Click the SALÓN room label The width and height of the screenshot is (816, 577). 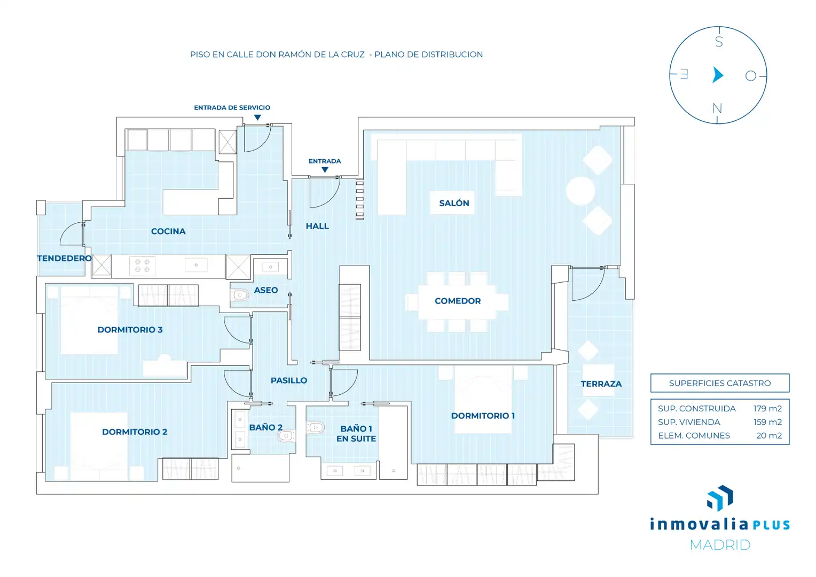coord(454,203)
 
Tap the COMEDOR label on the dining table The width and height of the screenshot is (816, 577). coord(458,301)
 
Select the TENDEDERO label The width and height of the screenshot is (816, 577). coord(64,259)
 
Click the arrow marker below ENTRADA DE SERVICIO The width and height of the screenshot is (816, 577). coord(257,118)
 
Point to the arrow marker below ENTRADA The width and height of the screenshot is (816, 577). coord(325,169)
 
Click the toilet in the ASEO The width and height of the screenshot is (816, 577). coord(239,294)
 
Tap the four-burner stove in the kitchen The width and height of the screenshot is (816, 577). coord(143,266)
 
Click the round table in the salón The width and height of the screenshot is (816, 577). coord(580,191)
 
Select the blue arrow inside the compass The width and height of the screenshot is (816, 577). coord(718,75)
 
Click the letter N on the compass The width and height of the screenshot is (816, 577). coord(717,108)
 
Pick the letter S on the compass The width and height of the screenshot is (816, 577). coord(719,42)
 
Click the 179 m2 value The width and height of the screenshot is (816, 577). coord(767,409)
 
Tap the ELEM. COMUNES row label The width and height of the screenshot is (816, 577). coord(694,435)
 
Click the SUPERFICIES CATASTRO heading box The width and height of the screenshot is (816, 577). coord(720,383)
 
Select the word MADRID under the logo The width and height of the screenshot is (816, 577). coord(720,545)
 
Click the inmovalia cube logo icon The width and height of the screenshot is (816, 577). coord(720,498)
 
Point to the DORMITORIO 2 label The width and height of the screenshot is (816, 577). coord(135,432)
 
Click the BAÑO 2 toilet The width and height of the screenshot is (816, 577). coord(286,435)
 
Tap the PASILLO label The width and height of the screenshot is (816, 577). coord(289,380)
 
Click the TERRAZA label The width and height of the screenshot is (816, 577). coord(601,384)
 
